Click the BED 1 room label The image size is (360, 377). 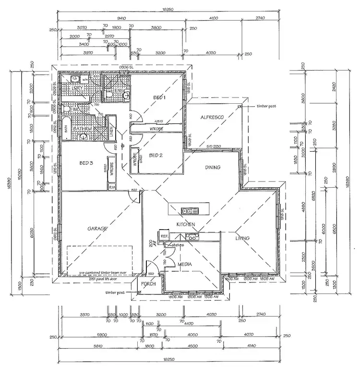(x=159, y=98)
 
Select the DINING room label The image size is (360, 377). (x=212, y=168)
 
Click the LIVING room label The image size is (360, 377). (x=243, y=238)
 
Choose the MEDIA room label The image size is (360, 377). (x=185, y=264)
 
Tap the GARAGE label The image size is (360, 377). (x=96, y=229)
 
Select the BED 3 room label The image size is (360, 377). (x=86, y=163)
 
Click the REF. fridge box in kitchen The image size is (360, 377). (x=164, y=236)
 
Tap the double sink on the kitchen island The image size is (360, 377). (x=187, y=210)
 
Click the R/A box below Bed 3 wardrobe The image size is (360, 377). (x=112, y=187)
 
